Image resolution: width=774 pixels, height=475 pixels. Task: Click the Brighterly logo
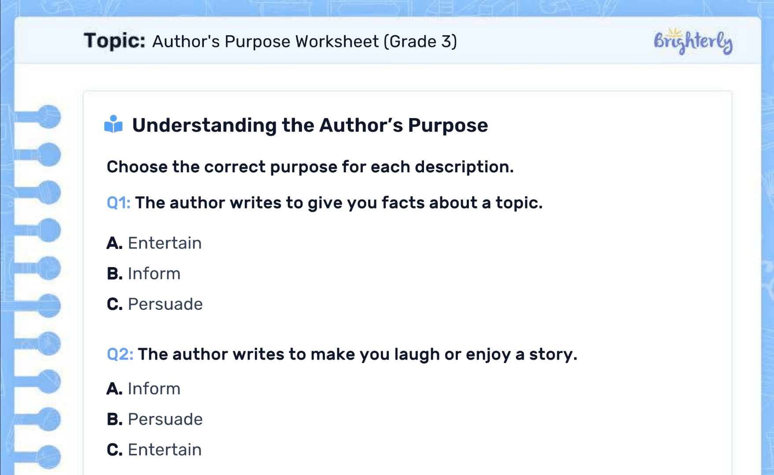coord(693,41)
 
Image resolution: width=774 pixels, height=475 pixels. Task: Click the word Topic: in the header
coord(114,41)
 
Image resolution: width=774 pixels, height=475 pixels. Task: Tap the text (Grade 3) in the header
coord(420,41)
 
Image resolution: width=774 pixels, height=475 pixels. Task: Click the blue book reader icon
coord(113,124)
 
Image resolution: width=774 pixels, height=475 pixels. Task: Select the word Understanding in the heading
coord(204,125)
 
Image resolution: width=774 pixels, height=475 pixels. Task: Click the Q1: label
coord(118,203)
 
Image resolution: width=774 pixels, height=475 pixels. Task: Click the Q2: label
coord(120,354)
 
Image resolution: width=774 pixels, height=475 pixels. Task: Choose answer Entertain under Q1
coord(164,243)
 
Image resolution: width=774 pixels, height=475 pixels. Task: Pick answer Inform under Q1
coord(154,274)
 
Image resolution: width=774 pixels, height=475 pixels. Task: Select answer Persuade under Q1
coord(165,304)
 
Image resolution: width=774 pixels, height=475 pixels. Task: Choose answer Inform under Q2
coord(154,389)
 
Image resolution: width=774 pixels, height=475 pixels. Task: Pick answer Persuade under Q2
coord(165,419)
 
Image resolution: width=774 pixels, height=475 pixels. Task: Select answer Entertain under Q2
coord(164,449)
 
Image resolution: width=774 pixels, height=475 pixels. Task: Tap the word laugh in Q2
coord(416,354)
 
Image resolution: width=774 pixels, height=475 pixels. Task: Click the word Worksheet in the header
coord(337,41)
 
